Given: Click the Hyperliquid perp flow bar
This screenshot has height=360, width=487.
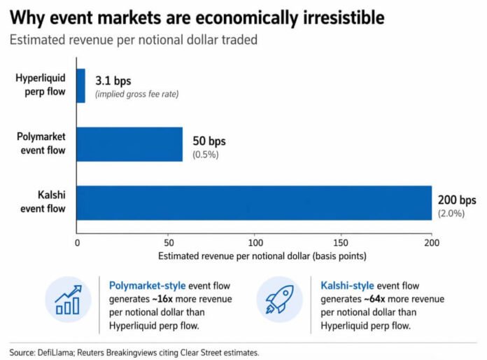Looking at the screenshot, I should (x=81, y=85).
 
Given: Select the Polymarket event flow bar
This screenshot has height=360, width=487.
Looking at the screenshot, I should (x=129, y=144).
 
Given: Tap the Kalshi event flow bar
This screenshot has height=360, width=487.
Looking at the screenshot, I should (x=254, y=202).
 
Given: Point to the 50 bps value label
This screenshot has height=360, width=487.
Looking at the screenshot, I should (x=208, y=141).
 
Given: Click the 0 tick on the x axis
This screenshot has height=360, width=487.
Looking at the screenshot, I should (x=77, y=242).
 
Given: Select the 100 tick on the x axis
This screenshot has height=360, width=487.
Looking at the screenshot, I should (x=254, y=242).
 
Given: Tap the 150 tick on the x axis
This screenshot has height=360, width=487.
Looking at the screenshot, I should (x=343, y=242).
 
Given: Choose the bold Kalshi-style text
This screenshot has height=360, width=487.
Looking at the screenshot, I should (x=348, y=286).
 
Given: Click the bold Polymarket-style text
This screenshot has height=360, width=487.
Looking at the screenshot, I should (x=146, y=286).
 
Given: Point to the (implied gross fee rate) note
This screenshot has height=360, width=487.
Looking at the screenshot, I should (x=136, y=94).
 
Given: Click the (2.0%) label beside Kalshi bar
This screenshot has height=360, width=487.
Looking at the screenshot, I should (x=451, y=213).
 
